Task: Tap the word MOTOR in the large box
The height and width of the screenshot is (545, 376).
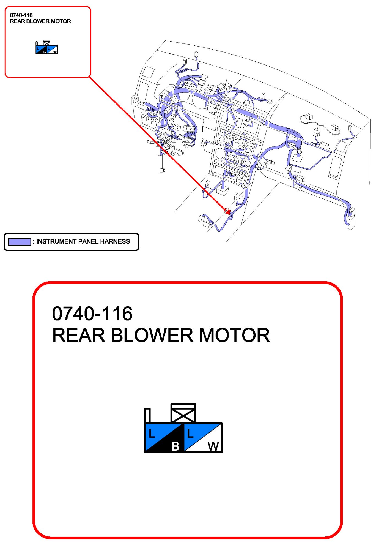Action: [234, 335]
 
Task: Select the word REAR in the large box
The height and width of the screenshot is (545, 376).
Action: [79, 335]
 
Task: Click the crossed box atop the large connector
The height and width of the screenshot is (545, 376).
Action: [183, 413]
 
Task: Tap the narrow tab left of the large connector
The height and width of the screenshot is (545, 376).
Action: [147, 415]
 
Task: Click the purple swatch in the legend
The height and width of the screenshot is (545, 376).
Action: [20, 242]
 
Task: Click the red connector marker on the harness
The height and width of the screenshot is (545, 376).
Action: [227, 212]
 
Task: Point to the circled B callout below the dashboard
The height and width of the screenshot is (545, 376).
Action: [162, 170]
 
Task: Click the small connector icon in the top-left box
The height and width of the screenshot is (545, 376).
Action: [46, 48]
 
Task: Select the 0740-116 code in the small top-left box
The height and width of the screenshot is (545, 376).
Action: [21, 15]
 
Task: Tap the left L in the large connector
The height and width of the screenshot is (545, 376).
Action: [152, 434]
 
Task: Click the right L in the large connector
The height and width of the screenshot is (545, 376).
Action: [190, 434]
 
